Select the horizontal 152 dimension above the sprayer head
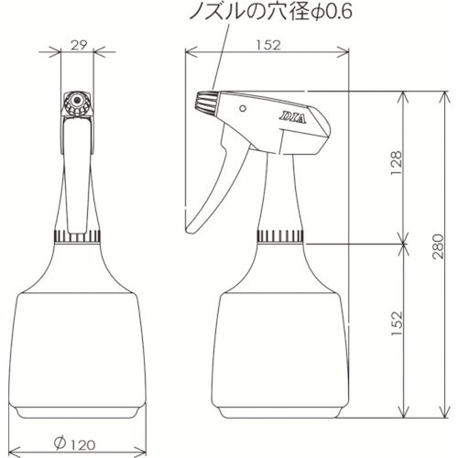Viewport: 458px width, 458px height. (267, 43)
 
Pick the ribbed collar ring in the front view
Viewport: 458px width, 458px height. (77, 237)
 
